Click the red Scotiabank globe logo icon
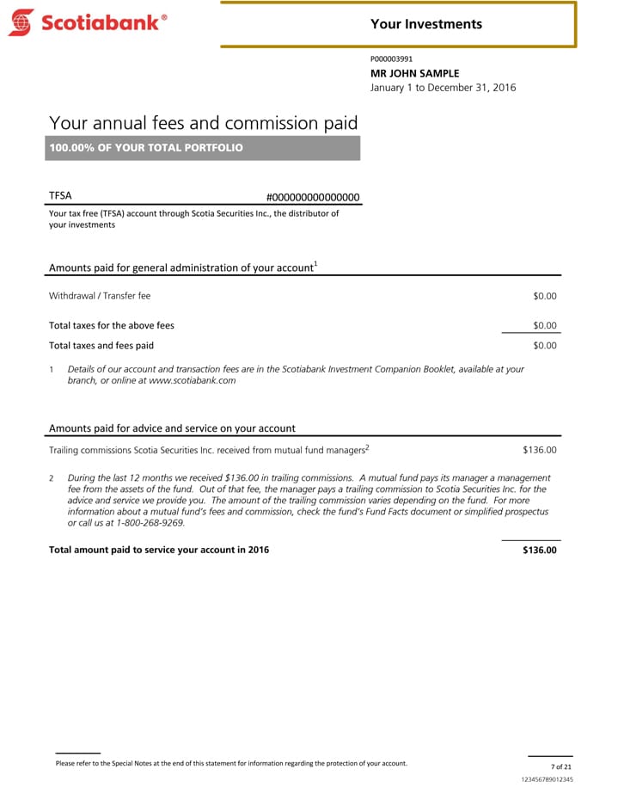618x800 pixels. [x=21, y=22]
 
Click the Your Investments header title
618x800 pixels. [x=426, y=24]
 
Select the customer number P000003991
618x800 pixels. [x=391, y=59]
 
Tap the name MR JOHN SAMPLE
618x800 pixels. [x=414, y=73]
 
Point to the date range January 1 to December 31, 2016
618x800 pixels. [x=443, y=88]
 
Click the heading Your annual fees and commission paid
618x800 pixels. [x=203, y=124]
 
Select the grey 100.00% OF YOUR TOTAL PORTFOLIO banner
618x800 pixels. [x=204, y=148]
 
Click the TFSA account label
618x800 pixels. [x=60, y=196]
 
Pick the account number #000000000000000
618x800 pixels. [x=313, y=197]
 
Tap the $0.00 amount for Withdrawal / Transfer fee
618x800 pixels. [x=545, y=296]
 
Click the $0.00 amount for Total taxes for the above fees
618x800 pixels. [x=545, y=325]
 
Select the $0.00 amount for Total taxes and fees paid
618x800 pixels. [x=545, y=346]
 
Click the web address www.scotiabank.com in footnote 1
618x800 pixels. [x=193, y=380]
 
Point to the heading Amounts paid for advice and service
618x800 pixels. [x=172, y=428]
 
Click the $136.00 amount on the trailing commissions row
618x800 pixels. [x=540, y=449]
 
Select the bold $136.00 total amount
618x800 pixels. [x=540, y=551]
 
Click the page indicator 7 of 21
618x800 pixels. [x=561, y=766]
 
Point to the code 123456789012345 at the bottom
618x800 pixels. [x=548, y=779]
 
